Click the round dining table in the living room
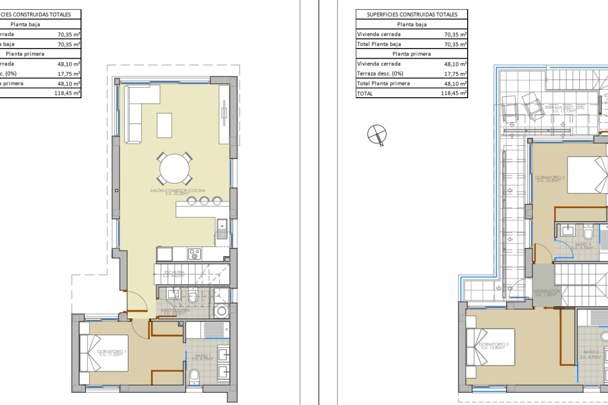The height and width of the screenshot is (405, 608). [175, 169]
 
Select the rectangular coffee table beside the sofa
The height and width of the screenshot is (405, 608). [164, 125]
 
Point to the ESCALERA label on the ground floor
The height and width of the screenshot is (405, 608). [174, 274]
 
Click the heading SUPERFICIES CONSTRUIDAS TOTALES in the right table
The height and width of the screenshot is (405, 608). [412, 15]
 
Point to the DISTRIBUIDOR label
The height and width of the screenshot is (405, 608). [547, 293]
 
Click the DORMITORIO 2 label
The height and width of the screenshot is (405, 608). [493, 345]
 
